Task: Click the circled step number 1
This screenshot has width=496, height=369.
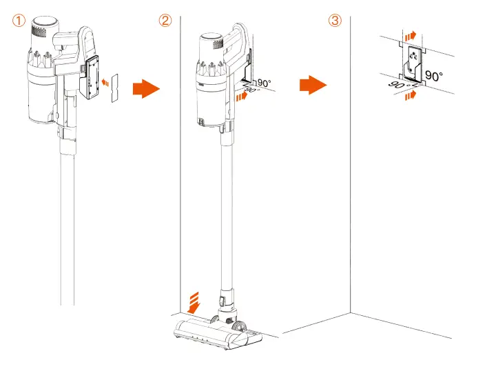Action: [x=19, y=20]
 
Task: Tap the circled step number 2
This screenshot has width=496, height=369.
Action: [x=165, y=20]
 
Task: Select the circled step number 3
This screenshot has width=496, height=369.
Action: [x=335, y=20]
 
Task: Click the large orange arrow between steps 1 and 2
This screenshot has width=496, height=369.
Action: [x=145, y=88]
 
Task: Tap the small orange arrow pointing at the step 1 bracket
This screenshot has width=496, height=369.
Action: [x=103, y=82]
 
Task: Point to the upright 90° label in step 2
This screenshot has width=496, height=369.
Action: [x=264, y=83]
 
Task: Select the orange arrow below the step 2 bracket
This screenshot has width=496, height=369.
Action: [x=240, y=98]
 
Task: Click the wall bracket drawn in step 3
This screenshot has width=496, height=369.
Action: [x=411, y=64]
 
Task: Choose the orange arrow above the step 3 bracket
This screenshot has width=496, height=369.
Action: [x=411, y=34]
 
